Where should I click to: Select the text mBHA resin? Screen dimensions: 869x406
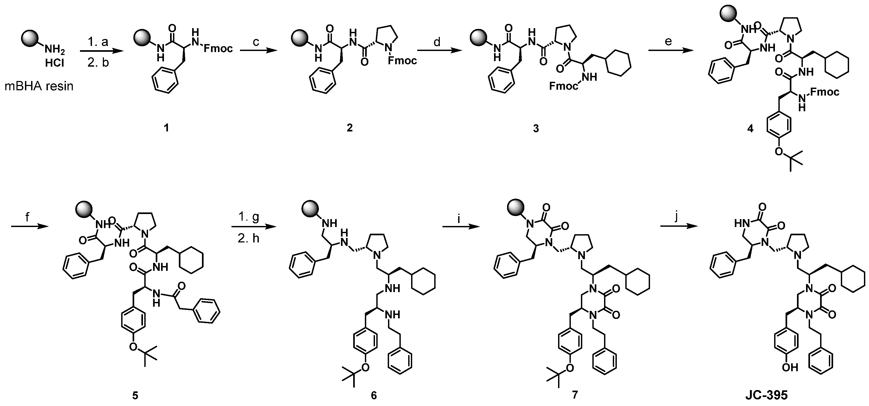point(39,86)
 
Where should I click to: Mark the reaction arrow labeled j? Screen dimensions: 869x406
point(679,226)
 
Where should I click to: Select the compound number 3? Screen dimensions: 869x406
point(536,128)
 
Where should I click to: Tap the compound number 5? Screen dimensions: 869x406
point(135,395)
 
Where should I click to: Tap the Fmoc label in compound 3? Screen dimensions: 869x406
point(563,86)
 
